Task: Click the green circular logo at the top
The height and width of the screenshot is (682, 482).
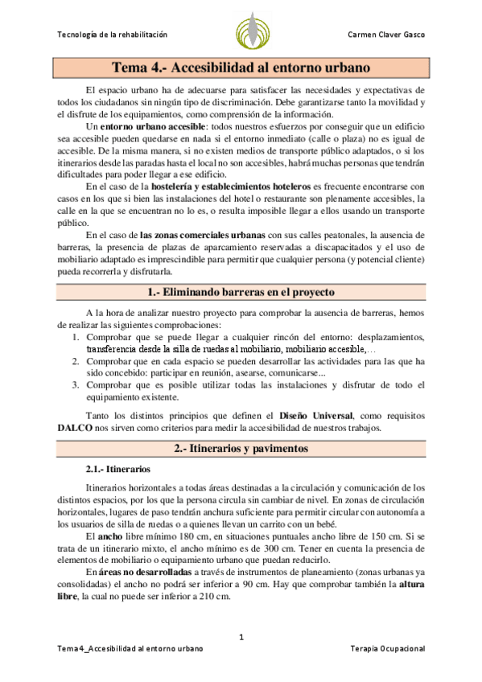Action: [253, 33]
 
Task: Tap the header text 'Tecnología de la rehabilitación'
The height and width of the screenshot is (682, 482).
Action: [113, 35]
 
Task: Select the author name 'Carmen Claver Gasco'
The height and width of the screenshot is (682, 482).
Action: [385, 35]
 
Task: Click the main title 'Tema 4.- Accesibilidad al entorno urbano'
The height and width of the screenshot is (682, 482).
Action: [241, 68]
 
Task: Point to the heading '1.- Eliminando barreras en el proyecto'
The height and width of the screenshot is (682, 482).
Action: [241, 293]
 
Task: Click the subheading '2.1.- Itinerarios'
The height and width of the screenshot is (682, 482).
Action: [116, 469]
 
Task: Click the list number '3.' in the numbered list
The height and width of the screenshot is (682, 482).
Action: [75, 384]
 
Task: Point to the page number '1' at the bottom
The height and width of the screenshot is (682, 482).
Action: [241, 637]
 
